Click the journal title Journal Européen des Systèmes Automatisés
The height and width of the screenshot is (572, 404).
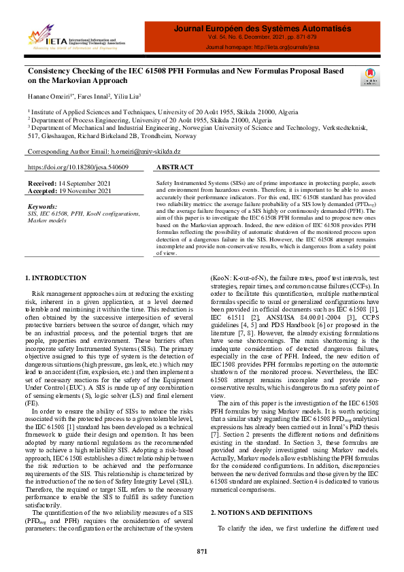pos(262,29)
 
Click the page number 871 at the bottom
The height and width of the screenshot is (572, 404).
pos(201,550)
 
